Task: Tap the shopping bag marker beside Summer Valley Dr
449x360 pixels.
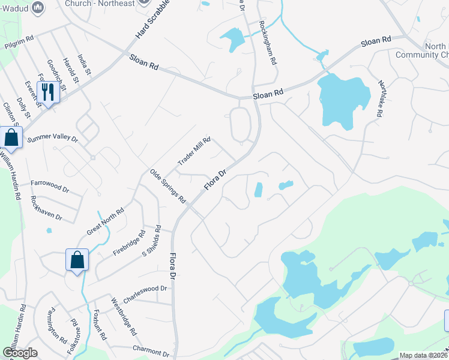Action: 11,137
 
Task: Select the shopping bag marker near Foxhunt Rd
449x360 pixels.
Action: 77,260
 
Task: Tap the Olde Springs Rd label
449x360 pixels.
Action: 168,186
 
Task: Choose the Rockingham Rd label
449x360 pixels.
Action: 267,43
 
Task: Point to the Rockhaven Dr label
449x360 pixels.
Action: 46,207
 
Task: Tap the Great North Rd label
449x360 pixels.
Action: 105,220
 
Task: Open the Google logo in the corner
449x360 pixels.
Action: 20,353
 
